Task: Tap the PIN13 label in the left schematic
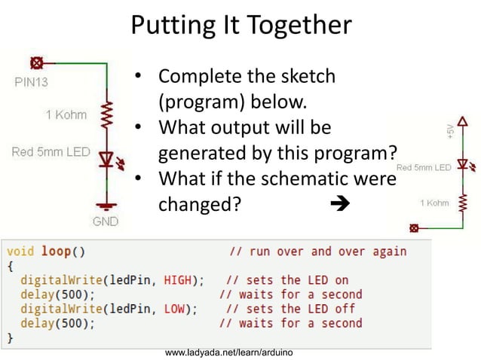(x=30, y=82)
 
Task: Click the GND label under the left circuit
(x=106, y=221)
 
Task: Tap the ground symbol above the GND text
(x=107, y=205)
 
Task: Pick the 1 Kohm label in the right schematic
(x=434, y=203)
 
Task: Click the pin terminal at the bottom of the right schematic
(x=414, y=227)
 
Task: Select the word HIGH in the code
(x=179, y=280)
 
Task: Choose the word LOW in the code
(x=176, y=309)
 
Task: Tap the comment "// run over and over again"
(x=317, y=252)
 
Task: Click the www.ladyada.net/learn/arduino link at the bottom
(x=231, y=352)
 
